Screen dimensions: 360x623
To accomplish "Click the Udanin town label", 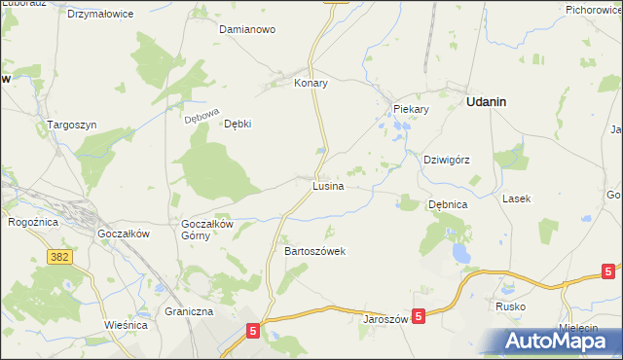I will point(492,101).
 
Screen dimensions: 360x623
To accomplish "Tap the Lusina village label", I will point(327,185).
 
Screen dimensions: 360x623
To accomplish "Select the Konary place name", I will point(311,84).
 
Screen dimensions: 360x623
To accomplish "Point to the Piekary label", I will point(411,109).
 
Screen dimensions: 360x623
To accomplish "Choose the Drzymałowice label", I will point(100,15).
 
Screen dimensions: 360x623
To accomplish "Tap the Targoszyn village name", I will point(72,126).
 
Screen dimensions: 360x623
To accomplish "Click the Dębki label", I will point(238,125).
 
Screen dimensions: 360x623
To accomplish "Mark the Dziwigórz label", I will point(447,160).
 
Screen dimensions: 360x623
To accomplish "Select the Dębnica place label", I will point(449,205).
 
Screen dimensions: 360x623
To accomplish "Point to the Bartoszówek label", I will point(314,251).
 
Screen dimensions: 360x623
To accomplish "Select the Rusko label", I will point(510,306).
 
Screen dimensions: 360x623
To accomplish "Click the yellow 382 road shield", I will point(59,256).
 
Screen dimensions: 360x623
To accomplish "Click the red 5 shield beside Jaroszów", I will point(418,316).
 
